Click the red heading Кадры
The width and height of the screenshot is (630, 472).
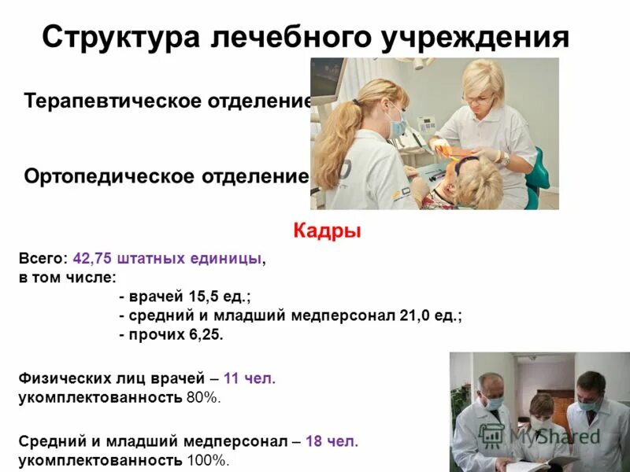coord(327,230)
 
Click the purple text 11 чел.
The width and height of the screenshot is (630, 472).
coord(250,378)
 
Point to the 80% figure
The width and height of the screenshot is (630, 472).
coord(203,397)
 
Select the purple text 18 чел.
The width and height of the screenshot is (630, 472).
coord(332,441)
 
